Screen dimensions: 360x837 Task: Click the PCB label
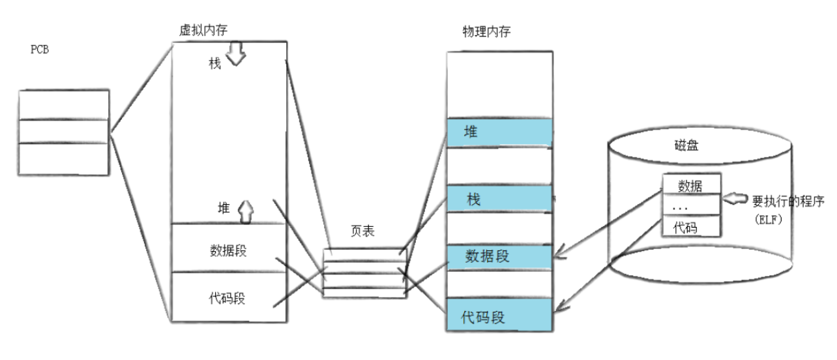pyautogui.click(x=40, y=50)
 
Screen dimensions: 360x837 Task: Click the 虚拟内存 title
pyautogui.click(x=203, y=31)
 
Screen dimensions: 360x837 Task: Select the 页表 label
pyautogui.click(x=362, y=232)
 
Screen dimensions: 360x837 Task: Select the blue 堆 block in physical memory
pyautogui.click(x=499, y=132)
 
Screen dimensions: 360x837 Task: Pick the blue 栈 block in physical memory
pyautogui.click(x=499, y=200)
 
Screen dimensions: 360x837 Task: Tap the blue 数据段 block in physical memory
pyautogui.click(x=499, y=256)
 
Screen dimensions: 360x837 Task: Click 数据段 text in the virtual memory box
pyautogui.click(x=228, y=250)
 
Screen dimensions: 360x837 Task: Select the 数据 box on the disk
pyautogui.click(x=691, y=186)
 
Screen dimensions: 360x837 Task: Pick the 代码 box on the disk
pyautogui.click(x=691, y=226)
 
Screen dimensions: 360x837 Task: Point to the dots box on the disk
pyautogui.click(x=691, y=206)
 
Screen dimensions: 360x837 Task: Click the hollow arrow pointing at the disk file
pyautogui.click(x=736, y=196)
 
